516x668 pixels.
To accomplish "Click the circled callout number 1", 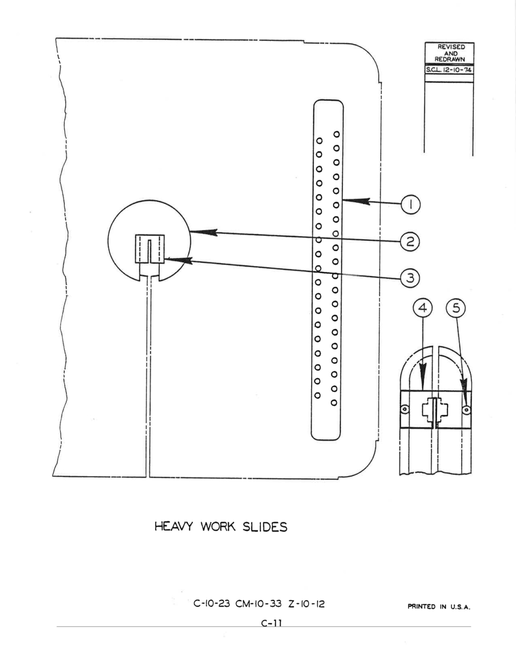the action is tap(411, 205).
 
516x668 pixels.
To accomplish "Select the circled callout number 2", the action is tap(410, 242).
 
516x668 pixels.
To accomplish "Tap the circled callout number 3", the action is tap(410, 278).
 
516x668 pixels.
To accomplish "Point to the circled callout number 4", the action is tap(423, 308).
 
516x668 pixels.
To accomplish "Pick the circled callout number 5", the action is tap(456, 308).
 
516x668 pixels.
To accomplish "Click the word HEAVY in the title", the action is tap(174, 527).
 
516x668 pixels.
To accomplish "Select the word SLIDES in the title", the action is tap(265, 527).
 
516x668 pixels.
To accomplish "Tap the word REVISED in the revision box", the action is tap(451, 47).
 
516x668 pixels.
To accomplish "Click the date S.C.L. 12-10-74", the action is tap(449, 70).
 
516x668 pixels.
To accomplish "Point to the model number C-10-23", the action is tap(212, 604).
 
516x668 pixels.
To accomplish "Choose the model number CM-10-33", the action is tap(258, 604).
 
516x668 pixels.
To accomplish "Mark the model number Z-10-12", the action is tap(306, 604).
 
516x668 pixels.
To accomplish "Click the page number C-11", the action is tap(272, 623).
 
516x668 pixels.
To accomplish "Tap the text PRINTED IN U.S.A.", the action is tap(439, 607).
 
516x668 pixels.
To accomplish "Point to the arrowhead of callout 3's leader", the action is tap(178, 261).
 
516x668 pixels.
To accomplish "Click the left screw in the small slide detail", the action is tap(406, 409).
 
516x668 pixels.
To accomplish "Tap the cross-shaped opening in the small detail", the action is tap(435, 409).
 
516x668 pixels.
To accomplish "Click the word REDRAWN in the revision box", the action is tap(450, 59).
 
